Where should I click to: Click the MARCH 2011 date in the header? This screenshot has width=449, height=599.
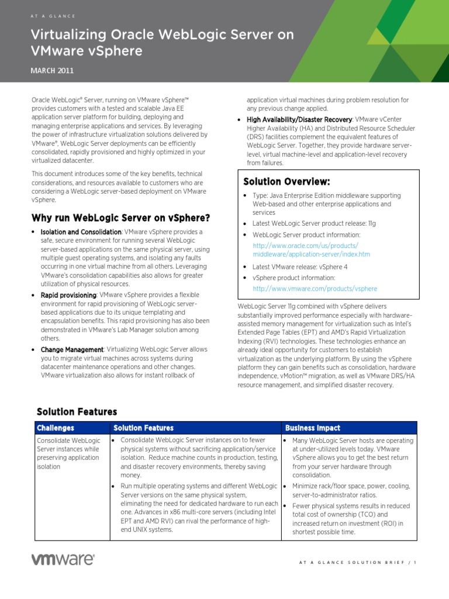[x=53, y=71]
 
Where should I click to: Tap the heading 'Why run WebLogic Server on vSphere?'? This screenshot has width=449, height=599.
[x=120, y=218]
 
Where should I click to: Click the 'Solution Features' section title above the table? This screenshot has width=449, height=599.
[x=77, y=412]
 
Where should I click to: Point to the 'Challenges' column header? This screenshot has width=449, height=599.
[x=56, y=428]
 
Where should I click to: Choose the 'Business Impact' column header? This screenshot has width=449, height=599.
[x=313, y=428]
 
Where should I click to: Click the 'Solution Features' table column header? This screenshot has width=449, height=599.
[x=143, y=428]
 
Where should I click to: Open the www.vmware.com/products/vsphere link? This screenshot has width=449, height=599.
[x=315, y=289]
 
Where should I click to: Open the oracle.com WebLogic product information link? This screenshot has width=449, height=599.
[x=311, y=250]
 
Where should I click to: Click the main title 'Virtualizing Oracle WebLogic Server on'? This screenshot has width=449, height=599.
[x=162, y=35]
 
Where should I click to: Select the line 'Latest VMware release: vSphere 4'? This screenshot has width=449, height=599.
[x=299, y=267]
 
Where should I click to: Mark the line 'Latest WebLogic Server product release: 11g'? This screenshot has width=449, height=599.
[x=315, y=224]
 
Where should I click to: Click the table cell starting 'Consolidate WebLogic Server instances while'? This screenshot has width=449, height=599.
[x=68, y=453]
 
